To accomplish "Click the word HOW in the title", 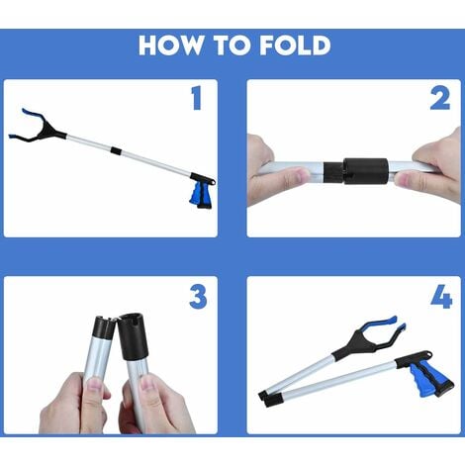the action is pos(171,45).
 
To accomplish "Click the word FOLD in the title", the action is pos(295,45).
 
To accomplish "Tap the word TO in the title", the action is pos(232,45).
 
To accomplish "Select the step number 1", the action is pos(197,98).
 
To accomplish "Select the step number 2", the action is pos(440,98).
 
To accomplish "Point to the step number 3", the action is pos(198,297).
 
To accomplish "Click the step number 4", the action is pos(441,297).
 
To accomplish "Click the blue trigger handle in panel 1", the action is pos(200,195).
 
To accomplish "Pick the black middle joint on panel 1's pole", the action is pos(116,151).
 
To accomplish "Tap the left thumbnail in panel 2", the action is pos(299,174).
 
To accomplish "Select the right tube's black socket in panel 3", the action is pos(134,335).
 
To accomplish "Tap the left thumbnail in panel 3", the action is pos(95,384).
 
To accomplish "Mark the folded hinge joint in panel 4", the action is pos(270,396).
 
